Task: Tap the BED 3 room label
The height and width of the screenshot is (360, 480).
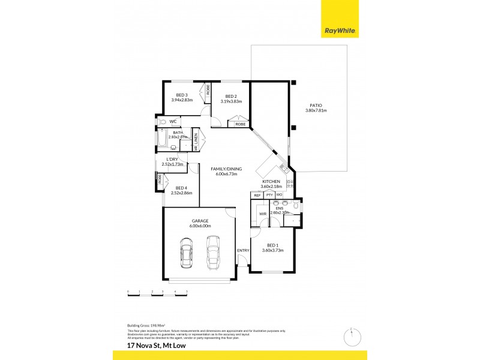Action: (x=182, y=95)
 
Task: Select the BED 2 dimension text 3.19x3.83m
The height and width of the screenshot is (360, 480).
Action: (x=231, y=101)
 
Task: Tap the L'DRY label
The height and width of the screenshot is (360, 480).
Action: (x=172, y=159)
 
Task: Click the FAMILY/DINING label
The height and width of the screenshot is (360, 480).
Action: (x=226, y=169)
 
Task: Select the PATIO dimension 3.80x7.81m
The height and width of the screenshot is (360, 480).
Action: (x=316, y=110)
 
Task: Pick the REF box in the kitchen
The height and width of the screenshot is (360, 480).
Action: (x=257, y=195)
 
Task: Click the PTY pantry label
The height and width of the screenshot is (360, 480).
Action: (x=269, y=195)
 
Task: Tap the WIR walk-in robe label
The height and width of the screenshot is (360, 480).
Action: (x=262, y=213)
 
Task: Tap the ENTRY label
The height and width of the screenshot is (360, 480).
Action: (x=243, y=250)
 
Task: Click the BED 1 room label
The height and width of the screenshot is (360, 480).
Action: (x=272, y=245)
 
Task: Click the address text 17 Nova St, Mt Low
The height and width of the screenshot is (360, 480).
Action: (x=154, y=346)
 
